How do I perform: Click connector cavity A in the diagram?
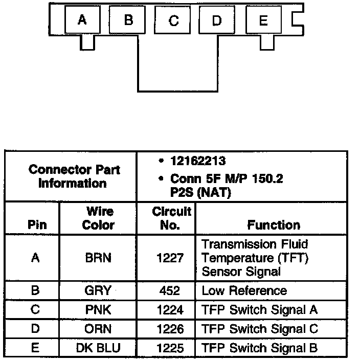coord(81,20)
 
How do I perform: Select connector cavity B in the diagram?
coord(128,20)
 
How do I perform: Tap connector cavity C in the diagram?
coord(174,20)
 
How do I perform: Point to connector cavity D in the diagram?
coord(217,20)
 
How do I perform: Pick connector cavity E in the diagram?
coord(263,20)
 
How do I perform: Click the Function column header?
coord(274,225)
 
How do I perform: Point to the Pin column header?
coord(35,225)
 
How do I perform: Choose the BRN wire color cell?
coord(98,258)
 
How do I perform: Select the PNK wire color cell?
coord(98,309)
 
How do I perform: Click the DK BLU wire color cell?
coord(98,348)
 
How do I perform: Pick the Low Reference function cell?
coord(244,291)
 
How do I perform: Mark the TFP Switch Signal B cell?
coord(260,348)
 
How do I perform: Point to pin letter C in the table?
coord(35,309)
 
